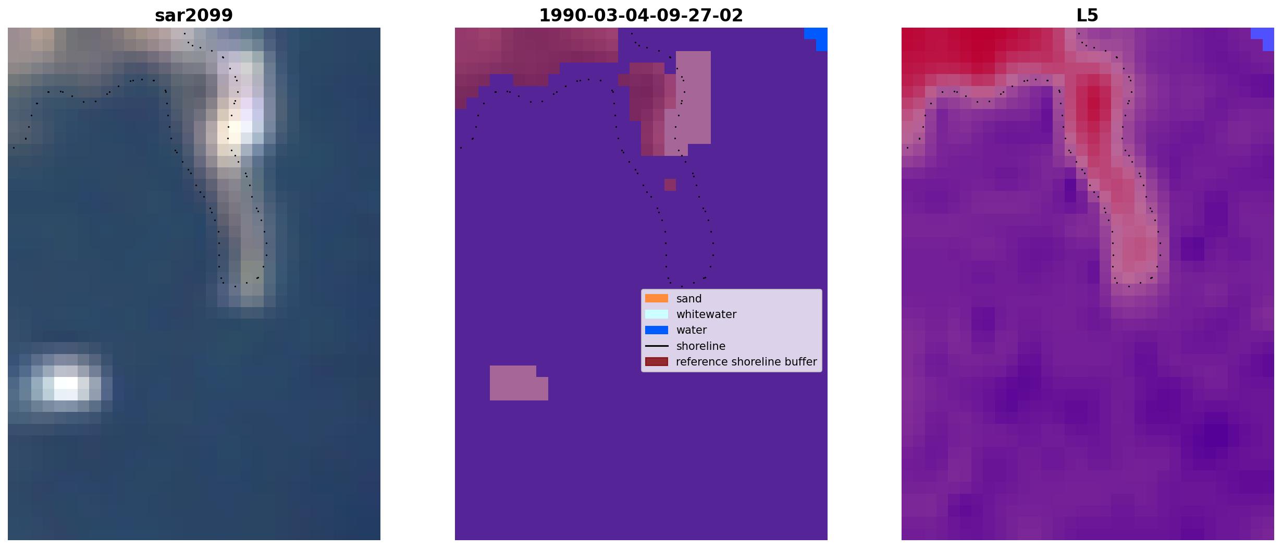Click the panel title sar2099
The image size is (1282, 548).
[194, 16]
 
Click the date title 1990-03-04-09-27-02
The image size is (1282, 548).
[641, 16]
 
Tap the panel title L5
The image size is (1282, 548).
[1088, 16]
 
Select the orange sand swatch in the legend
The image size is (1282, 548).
[657, 298]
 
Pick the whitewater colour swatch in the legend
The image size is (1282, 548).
[657, 314]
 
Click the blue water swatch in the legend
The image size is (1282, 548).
[657, 330]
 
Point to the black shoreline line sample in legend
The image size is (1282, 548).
[657, 346]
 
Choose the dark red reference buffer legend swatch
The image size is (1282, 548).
[657, 361]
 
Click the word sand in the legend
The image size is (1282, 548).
[689, 299]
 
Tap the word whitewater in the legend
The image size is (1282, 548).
[706, 314]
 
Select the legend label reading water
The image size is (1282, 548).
[692, 330]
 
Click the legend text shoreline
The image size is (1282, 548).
[701, 346]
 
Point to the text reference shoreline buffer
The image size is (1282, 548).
[746, 362]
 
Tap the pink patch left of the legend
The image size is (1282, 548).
[519, 383]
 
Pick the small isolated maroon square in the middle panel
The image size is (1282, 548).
[670, 185]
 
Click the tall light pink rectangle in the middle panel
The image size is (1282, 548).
[693, 98]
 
